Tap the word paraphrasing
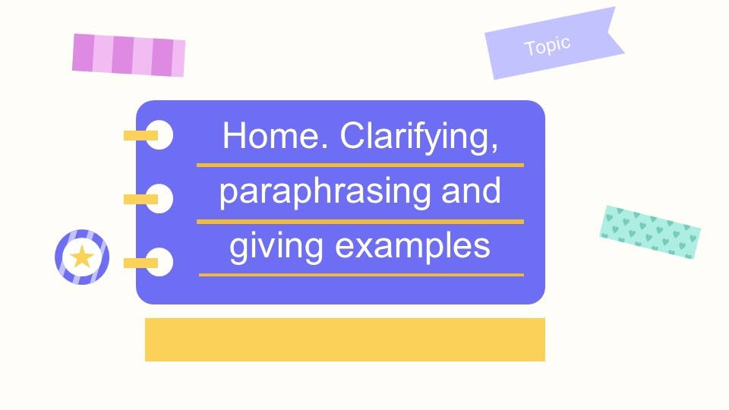(325, 192)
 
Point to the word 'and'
(471, 191)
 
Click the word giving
(276, 248)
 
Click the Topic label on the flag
(548, 46)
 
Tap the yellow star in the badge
(82, 257)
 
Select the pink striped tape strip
(129, 55)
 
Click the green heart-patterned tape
(650, 232)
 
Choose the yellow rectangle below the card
(345, 340)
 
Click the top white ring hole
(159, 135)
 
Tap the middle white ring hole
(159, 198)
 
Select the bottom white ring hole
(159, 262)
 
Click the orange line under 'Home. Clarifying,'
(360, 165)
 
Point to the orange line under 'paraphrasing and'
(360, 222)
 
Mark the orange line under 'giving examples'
(361, 275)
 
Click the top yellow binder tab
(140, 135)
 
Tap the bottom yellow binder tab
(140, 263)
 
